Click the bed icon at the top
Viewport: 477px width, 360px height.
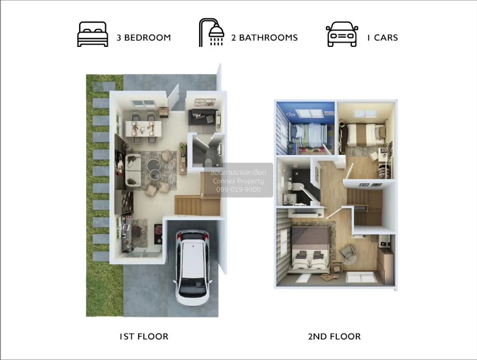point(93,34)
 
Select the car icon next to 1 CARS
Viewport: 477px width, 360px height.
point(342,35)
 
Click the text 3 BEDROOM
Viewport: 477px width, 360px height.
point(143,38)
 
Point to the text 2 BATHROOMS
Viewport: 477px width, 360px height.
point(264,38)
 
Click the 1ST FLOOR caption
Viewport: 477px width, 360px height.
point(144,337)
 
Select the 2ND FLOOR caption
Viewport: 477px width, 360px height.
point(334,337)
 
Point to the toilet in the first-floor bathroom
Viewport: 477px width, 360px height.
point(207,162)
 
